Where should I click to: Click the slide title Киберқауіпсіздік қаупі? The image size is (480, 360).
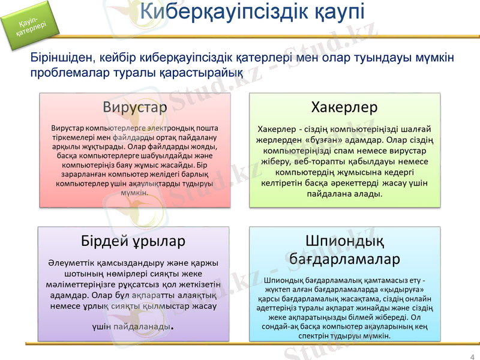(253, 13)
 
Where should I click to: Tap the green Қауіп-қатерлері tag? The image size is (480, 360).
(31, 26)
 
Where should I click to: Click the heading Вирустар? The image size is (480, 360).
(134, 107)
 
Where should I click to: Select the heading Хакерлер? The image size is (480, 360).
(344, 107)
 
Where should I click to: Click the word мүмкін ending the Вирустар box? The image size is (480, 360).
(134, 193)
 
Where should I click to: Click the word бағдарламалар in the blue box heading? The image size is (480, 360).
(344, 259)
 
